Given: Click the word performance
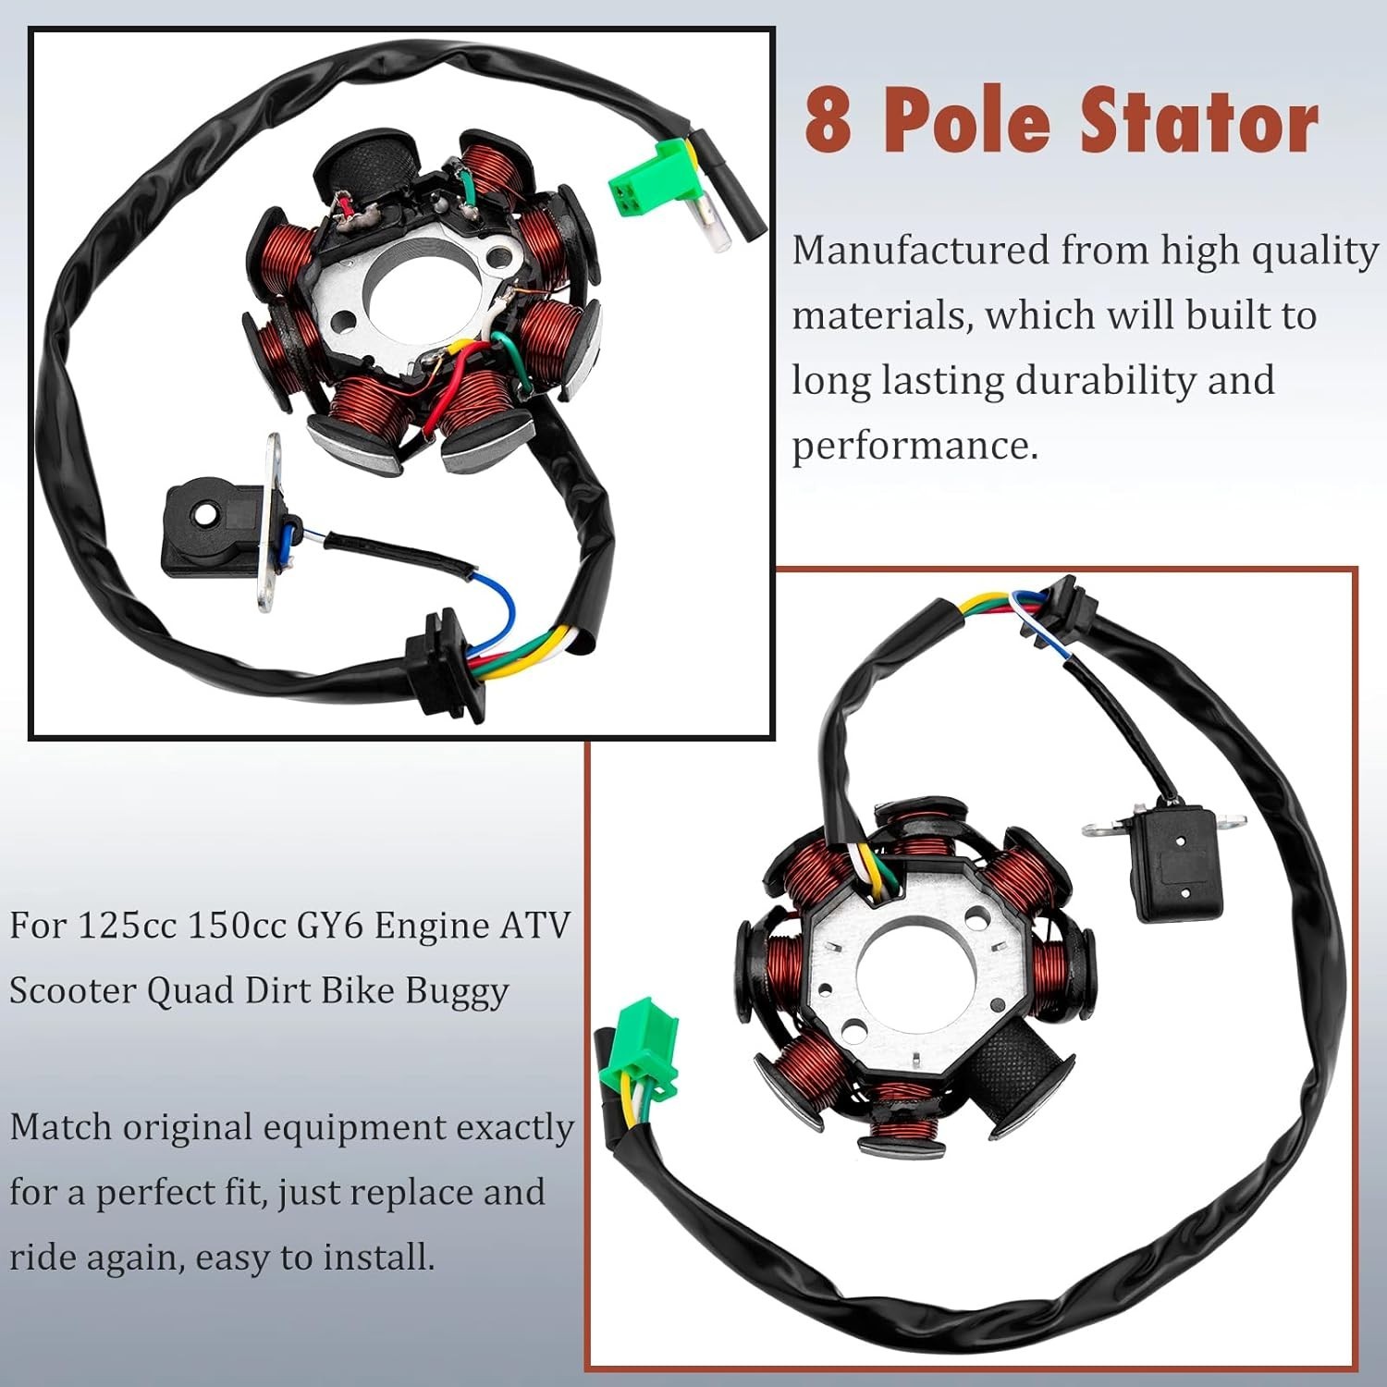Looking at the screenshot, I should (914, 446).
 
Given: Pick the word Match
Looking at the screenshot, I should (61, 1127).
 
